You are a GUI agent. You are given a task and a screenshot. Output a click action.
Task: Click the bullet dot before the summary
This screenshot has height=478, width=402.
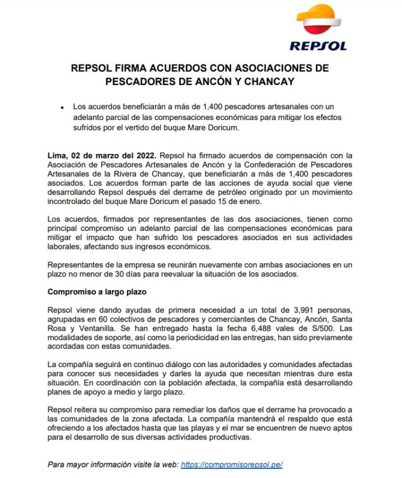click(x=61, y=107)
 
